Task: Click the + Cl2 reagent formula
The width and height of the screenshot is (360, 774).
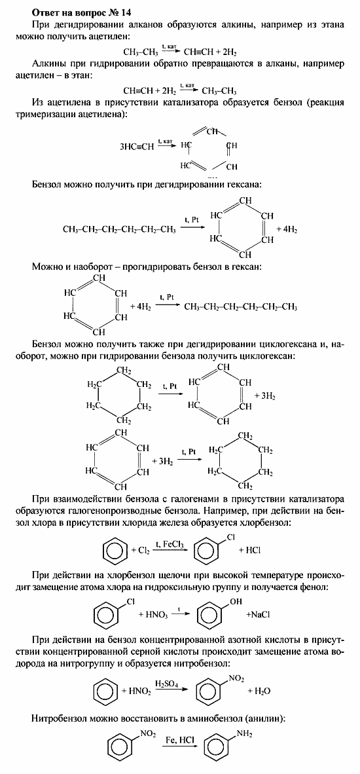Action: (x=139, y=551)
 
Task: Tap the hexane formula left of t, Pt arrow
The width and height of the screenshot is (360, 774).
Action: (x=119, y=229)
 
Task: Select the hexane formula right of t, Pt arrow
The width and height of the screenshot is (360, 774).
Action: (x=240, y=306)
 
